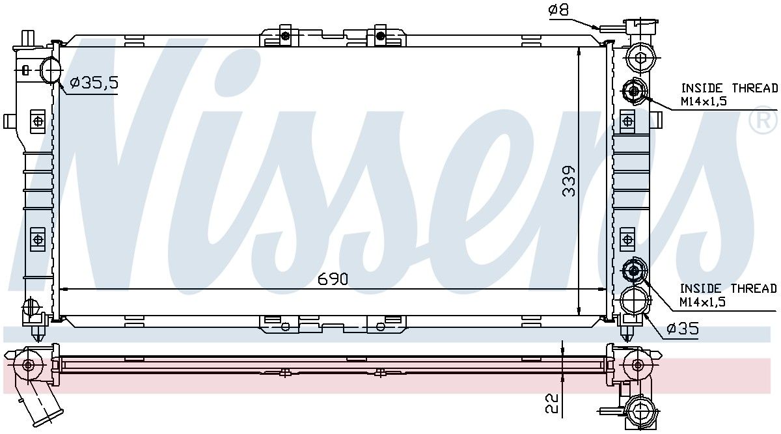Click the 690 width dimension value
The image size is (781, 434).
click(333, 279)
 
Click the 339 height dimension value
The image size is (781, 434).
click(569, 181)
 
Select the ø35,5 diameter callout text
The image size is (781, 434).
click(94, 83)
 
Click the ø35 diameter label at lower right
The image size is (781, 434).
click(683, 329)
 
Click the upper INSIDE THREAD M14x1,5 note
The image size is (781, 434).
click(730, 94)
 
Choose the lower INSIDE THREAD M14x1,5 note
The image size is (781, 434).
click(728, 295)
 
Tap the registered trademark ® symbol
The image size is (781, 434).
click(763, 120)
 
